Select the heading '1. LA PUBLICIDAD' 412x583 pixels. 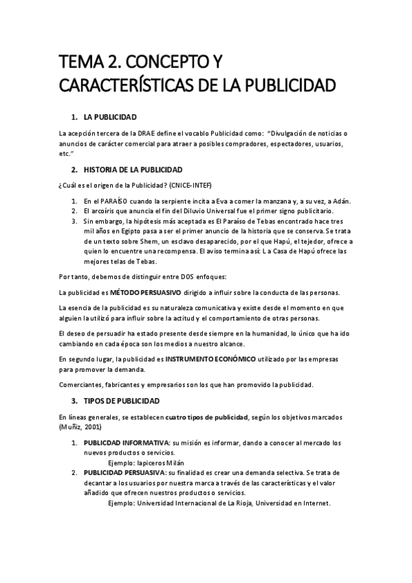coord(109,117)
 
